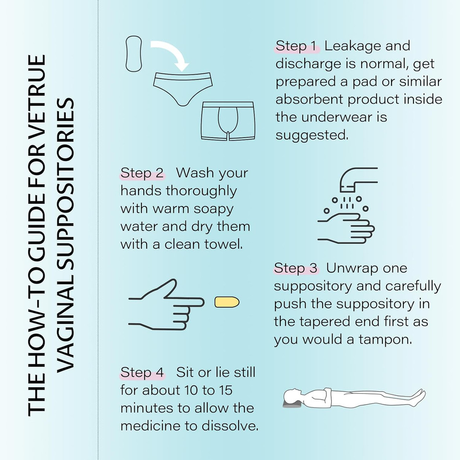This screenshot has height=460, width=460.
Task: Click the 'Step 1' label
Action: (296, 46)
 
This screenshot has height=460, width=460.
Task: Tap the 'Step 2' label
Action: (142, 173)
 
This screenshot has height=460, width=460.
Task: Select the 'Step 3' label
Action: (296, 268)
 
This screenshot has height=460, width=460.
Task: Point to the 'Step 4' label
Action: (142, 372)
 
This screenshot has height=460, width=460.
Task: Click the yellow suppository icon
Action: (227, 302)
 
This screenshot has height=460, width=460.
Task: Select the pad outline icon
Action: (134, 54)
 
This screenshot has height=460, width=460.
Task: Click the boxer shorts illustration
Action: (228, 121)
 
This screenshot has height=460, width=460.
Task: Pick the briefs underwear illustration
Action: (183, 89)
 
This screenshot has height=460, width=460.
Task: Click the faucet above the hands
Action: (358, 179)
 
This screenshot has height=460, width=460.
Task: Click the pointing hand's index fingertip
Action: (202, 302)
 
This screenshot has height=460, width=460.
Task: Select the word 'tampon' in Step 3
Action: (385, 340)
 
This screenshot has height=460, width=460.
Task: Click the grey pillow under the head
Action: (292, 404)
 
